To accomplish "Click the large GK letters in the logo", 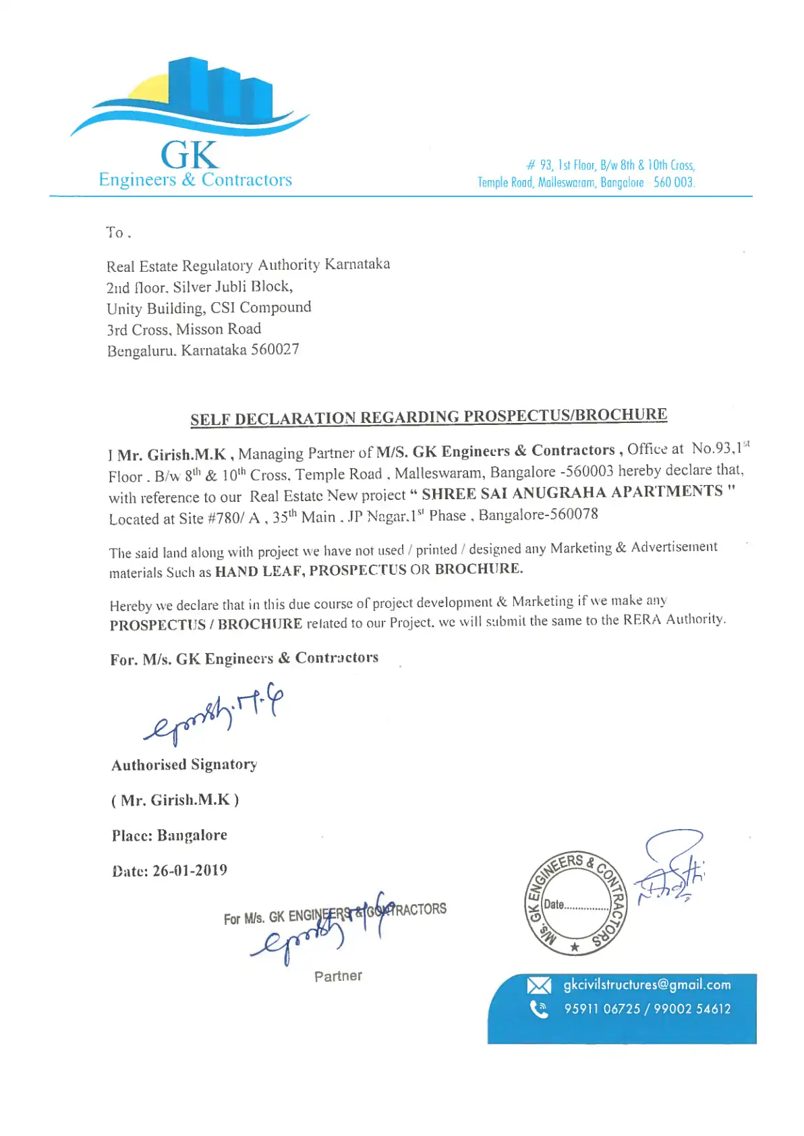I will pos(190,155).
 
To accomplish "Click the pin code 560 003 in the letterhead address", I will pos(674,182).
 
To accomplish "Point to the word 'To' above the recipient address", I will pos(115,233).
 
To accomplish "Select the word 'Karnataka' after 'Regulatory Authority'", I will pos(357,264).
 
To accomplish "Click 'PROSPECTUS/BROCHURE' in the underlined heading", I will pos(565,415).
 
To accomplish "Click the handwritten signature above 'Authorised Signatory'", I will pos(212,716).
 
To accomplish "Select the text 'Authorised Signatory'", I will pos(184,764).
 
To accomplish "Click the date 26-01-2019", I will pos(190,870).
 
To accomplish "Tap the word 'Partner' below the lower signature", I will pos(338,976).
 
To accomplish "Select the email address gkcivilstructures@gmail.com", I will pos(647,985).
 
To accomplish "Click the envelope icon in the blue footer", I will pos(538,986).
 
